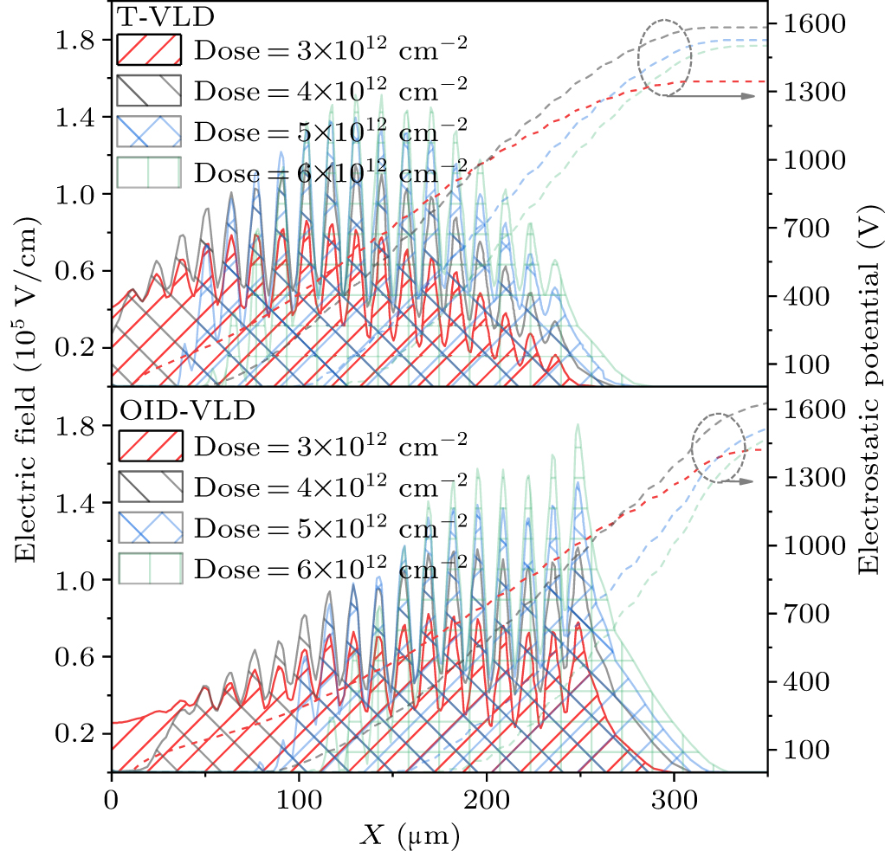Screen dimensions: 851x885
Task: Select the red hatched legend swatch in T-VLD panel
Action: tap(149, 50)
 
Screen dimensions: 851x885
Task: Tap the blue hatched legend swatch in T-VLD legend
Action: tap(149, 132)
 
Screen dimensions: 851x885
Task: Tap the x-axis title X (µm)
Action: tap(411, 834)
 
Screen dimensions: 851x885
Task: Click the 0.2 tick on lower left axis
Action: tap(76, 733)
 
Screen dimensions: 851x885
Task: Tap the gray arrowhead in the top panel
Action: tap(750, 96)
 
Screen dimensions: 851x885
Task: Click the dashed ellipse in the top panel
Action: tap(664, 58)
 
